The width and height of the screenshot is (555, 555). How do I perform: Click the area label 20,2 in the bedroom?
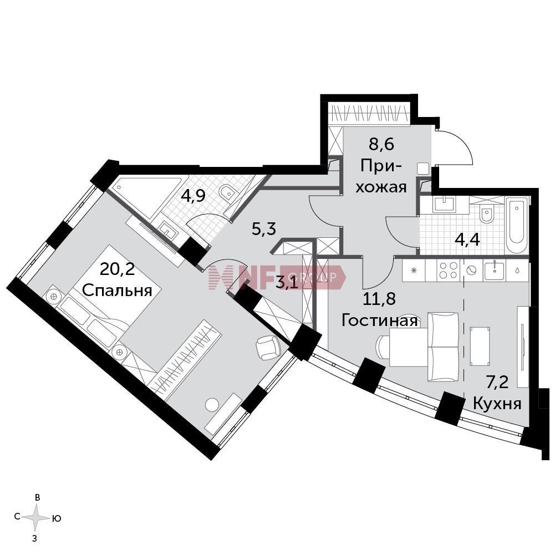tap(117, 270)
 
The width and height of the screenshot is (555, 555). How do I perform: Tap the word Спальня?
tap(117, 291)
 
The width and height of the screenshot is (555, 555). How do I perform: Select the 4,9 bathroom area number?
tap(193, 196)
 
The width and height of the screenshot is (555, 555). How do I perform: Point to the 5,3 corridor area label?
tap(264, 230)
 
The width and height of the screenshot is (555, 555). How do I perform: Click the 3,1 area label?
tap(287, 283)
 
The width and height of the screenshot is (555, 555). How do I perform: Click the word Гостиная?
tap(380, 320)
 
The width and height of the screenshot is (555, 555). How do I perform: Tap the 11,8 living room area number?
tap(380, 299)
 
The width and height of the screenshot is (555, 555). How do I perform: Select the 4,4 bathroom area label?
tap(467, 240)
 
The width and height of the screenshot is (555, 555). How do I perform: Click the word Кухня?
tap(497, 404)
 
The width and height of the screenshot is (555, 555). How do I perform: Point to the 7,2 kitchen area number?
tap(497, 383)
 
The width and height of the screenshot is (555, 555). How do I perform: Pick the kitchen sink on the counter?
tap(494, 270)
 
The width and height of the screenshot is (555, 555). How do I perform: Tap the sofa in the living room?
tap(443, 347)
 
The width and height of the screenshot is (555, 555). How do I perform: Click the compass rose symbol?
tap(36, 518)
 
